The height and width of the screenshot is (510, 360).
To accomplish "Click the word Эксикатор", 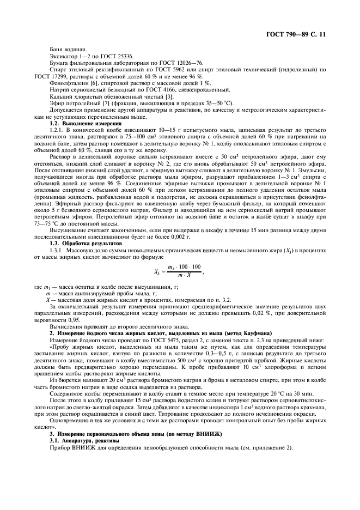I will coord(61,57).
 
